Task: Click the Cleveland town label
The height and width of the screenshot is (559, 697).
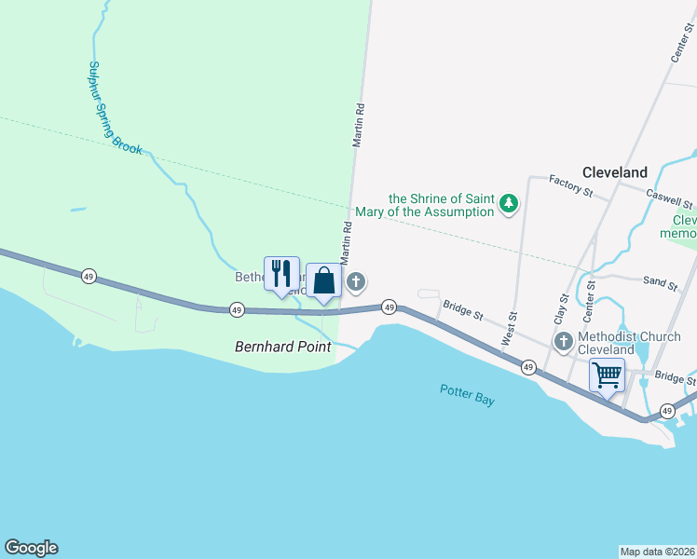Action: pos(614,172)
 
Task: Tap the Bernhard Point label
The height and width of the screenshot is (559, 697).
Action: pos(282,348)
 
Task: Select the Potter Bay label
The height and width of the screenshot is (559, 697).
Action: pos(467,394)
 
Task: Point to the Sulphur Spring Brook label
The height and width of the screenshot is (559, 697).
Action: pos(114,108)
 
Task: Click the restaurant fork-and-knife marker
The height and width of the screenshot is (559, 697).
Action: pos(281,273)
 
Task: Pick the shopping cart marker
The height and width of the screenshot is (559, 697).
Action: pos(607,375)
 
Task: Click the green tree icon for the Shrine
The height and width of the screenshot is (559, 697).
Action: pos(508,203)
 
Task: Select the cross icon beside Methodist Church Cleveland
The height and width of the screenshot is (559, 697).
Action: pos(563,343)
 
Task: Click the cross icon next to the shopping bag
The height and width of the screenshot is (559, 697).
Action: pos(355,280)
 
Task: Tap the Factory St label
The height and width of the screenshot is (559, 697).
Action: pos(570,184)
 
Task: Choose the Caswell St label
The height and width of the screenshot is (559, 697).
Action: pos(670,198)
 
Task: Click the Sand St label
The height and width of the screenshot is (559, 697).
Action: pos(659,279)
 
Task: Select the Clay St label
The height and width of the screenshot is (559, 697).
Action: pos(561,310)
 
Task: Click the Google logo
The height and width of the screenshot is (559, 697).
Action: pos(31,548)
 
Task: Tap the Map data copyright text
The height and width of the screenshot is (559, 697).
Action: pos(657,552)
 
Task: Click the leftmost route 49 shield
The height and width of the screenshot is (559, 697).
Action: pos(89,276)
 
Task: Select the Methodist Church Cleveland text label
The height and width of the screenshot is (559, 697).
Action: pos(619,343)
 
